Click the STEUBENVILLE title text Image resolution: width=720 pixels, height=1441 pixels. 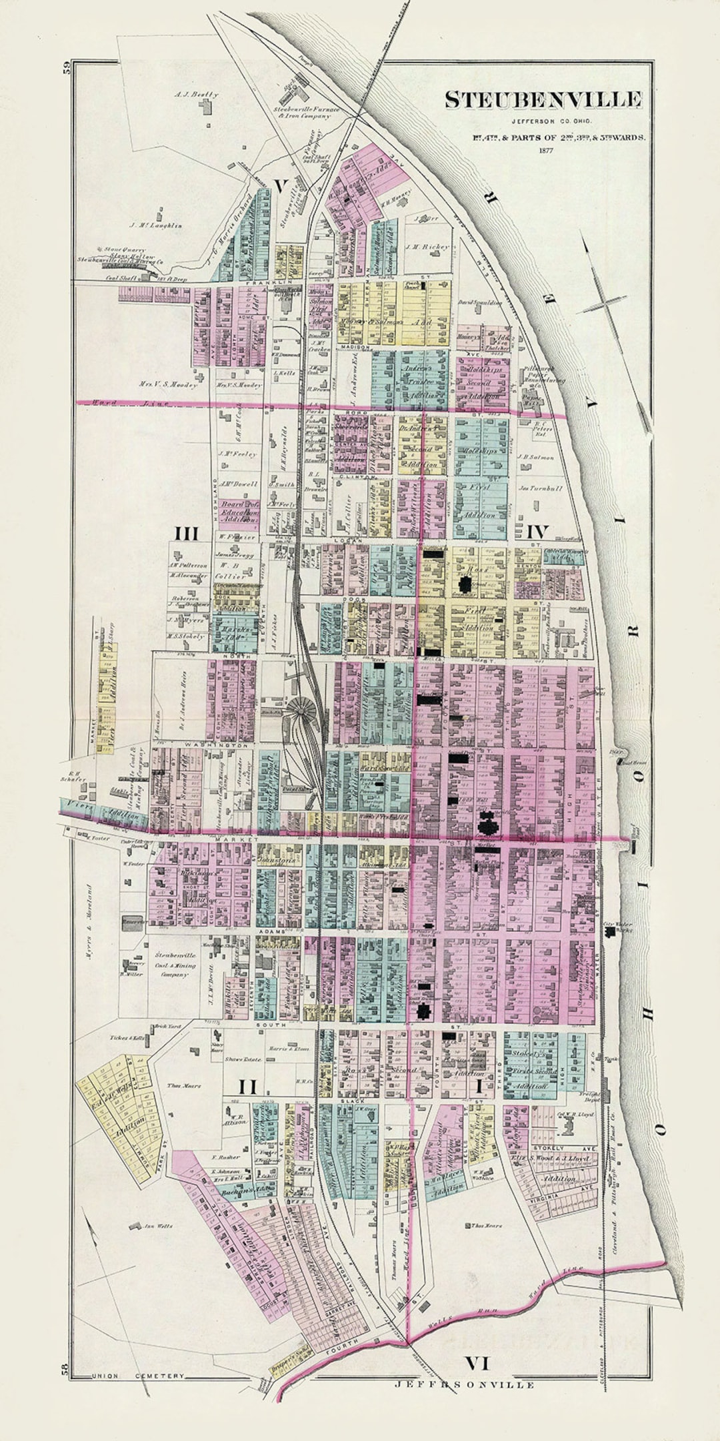click(543, 100)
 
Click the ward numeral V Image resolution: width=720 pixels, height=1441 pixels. click(281, 186)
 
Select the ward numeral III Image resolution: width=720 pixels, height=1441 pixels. click(187, 533)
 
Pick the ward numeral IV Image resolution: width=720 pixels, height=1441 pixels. click(537, 532)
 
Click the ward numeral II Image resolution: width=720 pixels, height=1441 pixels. click(247, 1087)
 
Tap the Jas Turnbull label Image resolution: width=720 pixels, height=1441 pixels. click(540, 488)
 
